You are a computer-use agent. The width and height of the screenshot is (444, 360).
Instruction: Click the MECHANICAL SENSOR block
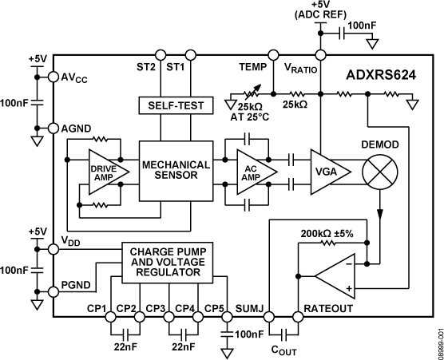click(x=176, y=170)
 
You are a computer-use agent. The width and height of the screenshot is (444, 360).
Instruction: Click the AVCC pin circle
click(x=54, y=77)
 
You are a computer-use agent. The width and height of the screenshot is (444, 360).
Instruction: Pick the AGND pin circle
click(x=54, y=128)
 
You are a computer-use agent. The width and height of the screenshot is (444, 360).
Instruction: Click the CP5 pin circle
click(x=226, y=316)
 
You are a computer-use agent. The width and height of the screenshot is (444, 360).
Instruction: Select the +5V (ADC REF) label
click(x=321, y=14)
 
